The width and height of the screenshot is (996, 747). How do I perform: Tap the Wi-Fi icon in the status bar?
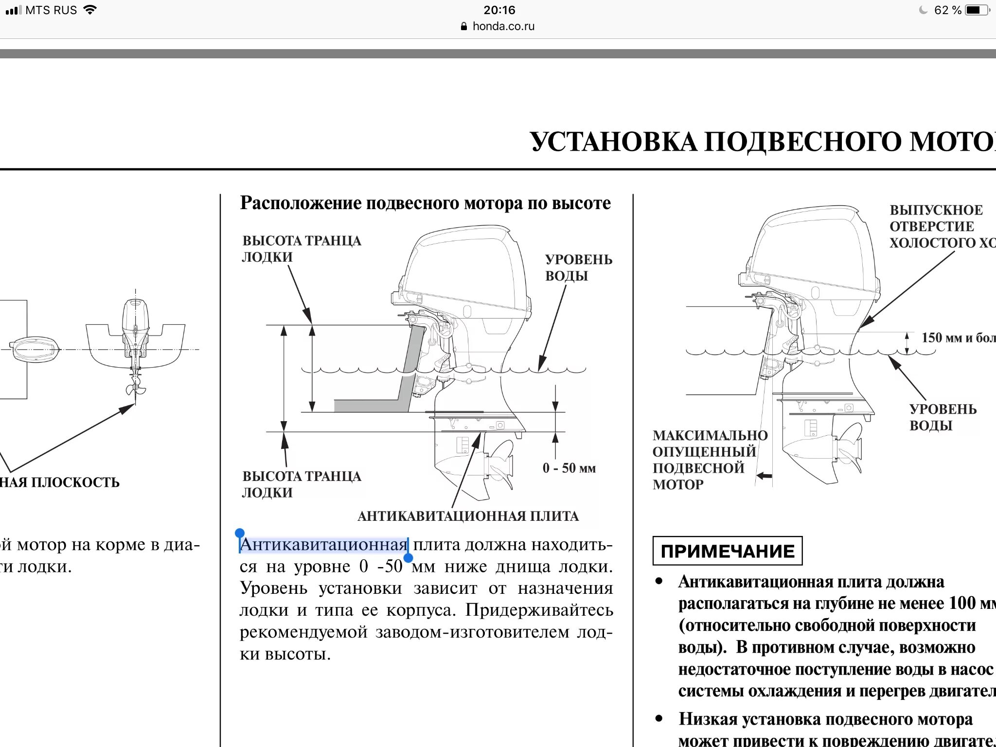click(x=90, y=10)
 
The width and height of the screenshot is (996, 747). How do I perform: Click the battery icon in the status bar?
click(x=977, y=10)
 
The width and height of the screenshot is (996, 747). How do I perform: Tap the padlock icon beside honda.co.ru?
click(x=464, y=26)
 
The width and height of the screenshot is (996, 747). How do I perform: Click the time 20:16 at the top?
click(x=499, y=10)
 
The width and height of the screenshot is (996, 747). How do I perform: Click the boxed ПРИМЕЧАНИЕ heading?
click(x=727, y=551)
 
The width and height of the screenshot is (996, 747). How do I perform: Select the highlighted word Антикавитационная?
click(x=323, y=545)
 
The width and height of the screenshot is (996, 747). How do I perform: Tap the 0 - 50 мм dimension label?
click(x=569, y=468)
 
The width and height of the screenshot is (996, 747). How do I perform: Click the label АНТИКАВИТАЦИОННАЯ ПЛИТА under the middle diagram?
click(x=468, y=516)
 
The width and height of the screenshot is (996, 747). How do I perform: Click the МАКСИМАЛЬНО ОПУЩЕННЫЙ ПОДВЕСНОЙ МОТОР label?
click(x=709, y=460)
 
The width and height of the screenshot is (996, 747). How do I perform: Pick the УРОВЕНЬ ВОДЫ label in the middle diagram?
click(x=578, y=267)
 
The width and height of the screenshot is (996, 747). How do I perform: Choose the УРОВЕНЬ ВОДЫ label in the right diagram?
click(x=943, y=417)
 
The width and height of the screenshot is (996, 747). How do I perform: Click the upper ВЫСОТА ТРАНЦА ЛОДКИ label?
click(x=302, y=249)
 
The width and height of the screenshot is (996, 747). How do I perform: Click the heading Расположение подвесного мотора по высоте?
click(x=426, y=203)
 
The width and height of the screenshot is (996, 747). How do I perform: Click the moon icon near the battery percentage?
click(x=923, y=10)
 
